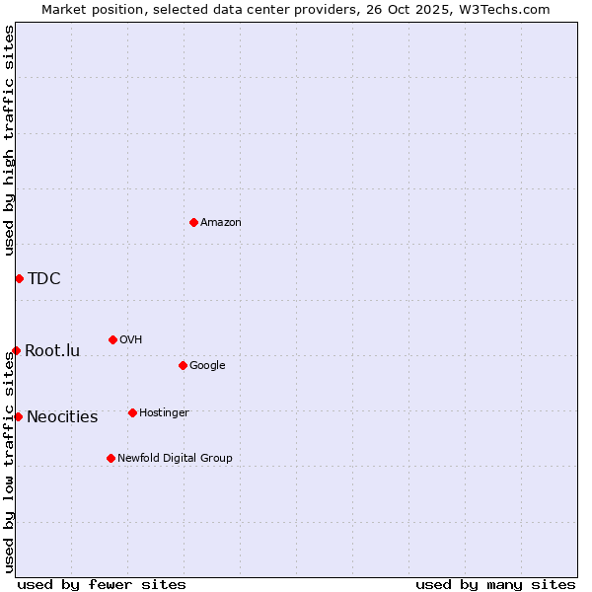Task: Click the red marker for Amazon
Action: [193, 222]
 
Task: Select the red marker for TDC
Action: [19, 278]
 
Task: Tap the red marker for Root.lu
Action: [16, 350]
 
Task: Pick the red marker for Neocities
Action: [18, 416]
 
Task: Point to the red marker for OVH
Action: [112, 339]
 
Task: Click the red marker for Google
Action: [183, 365]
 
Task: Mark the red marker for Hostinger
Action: [132, 412]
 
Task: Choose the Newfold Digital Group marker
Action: [111, 458]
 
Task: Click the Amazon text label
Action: [221, 223]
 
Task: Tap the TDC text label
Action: [44, 278]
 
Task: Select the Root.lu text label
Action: [52, 350]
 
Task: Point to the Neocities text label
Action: [62, 416]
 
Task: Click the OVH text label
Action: [131, 340]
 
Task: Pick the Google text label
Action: [207, 366]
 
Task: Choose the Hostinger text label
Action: [164, 412]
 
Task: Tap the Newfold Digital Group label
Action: [175, 458]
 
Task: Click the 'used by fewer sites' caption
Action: [102, 584]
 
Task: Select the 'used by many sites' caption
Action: [495, 584]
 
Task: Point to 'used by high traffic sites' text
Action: [9, 140]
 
